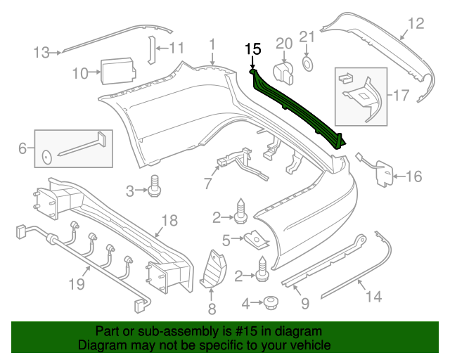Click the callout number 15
[x=252, y=49]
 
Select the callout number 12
[x=416, y=24]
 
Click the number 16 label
[x=414, y=176]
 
